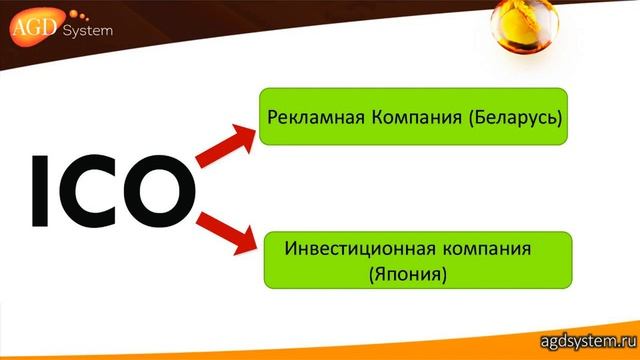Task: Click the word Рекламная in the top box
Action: coord(306,117)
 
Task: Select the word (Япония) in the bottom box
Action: coord(416,270)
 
